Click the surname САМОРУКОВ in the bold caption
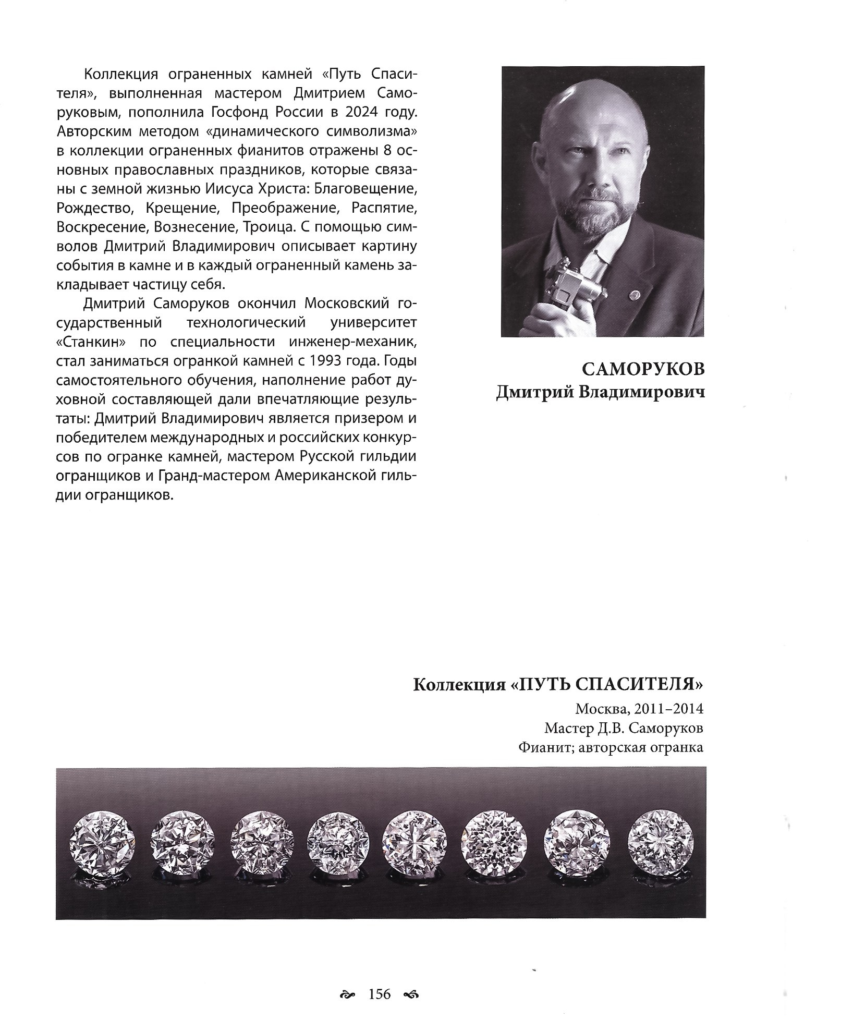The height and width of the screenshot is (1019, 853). click(643, 369)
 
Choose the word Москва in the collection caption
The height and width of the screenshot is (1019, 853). click(594, 709)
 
